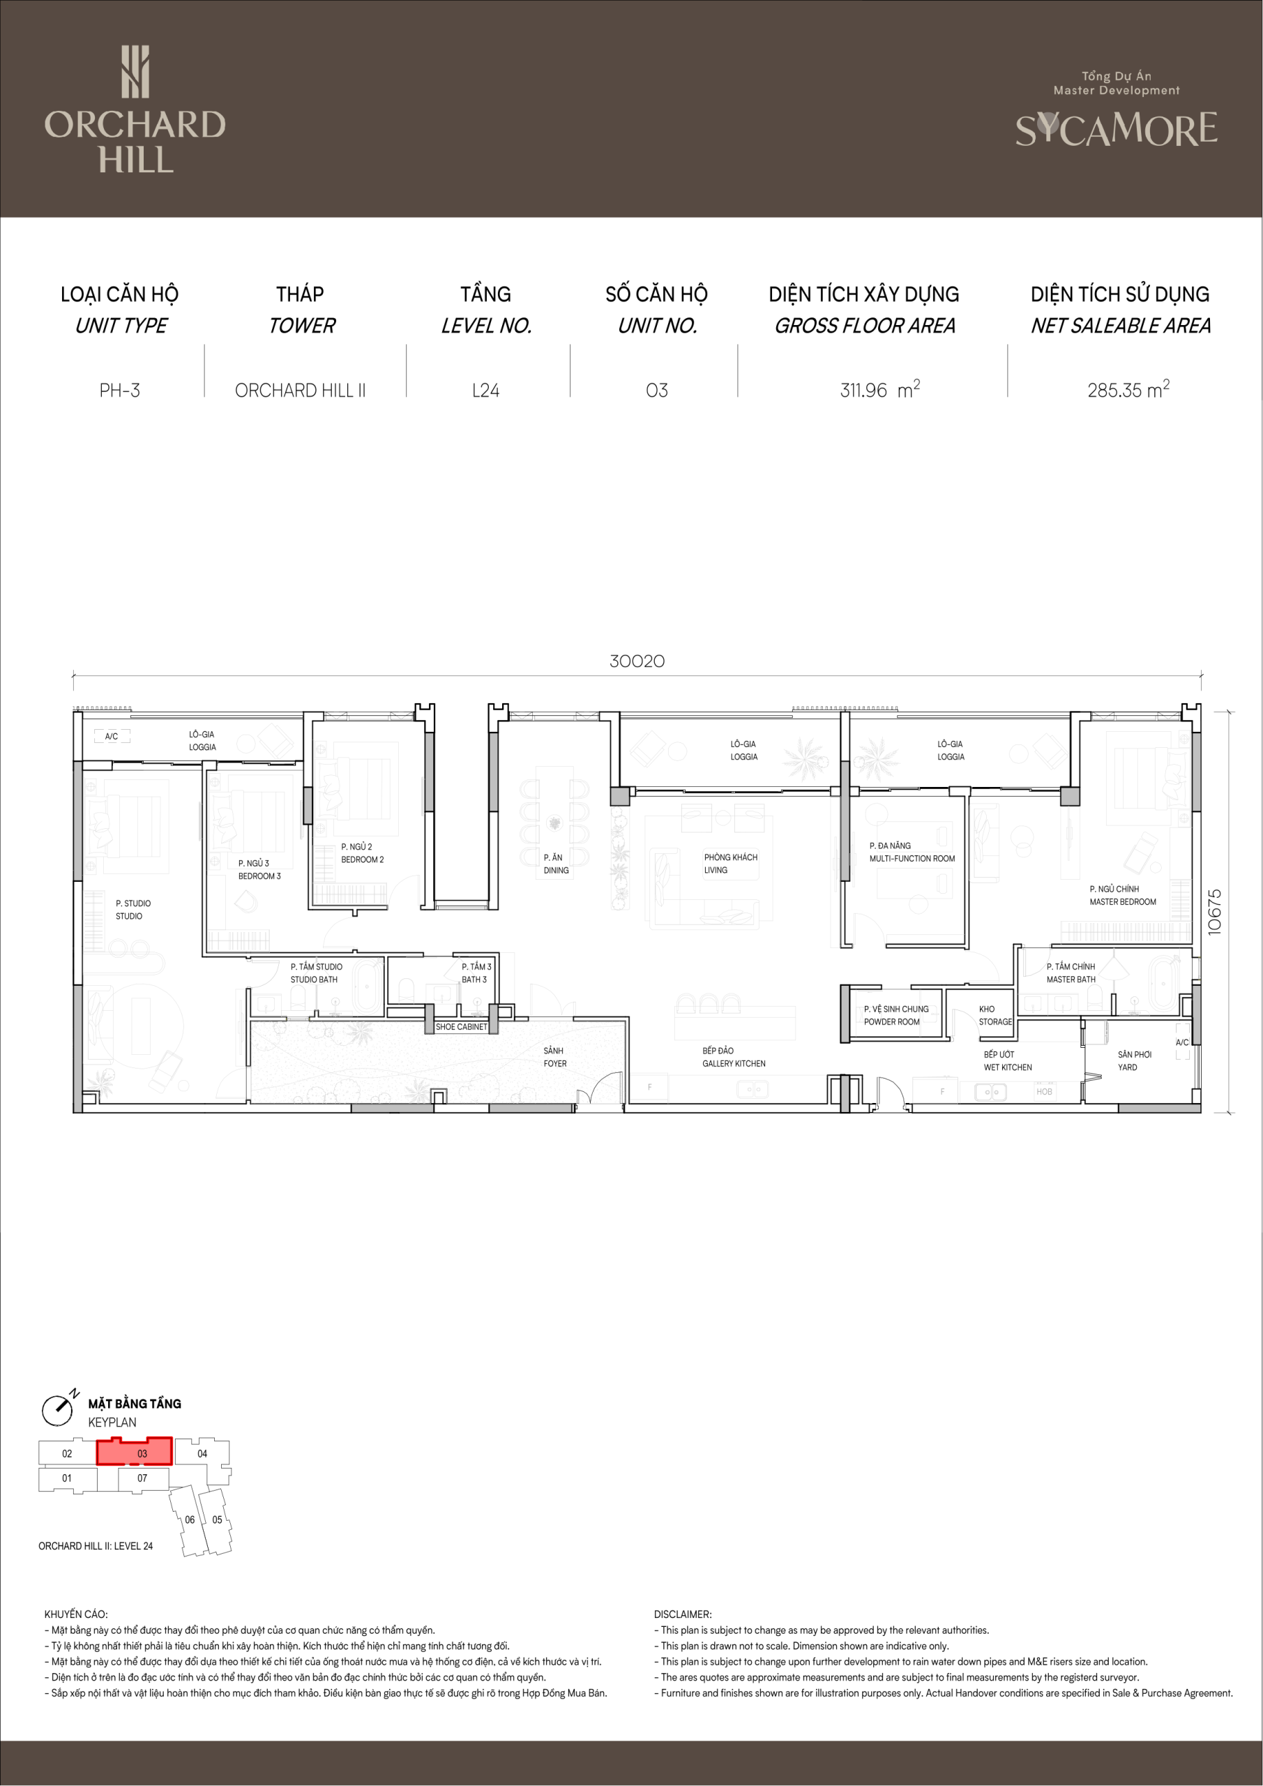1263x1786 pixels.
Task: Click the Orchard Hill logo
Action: pyautogui.click(x=135, y=109)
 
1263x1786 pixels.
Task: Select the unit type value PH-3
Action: pyautogui.click(x=120, y=391)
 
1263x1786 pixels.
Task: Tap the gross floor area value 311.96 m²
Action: pyautogui.click(x=879, y=389)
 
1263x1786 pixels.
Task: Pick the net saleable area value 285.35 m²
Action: pyautogui.click(x=1128, y=389)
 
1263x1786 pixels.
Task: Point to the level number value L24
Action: pyautogui.click(x=486, y=391)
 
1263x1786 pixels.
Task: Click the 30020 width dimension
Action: pyautogui.click(x=637, y=661)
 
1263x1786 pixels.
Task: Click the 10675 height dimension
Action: pyautogui.click(x=1215, y=912)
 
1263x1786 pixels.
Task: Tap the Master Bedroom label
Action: pyautogui.click(x=1122, y=895)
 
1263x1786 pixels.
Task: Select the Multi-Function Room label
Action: pyautogui.click(x=912, y=852)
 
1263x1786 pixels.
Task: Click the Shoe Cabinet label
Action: pyautogui.click(x=461, y=1027)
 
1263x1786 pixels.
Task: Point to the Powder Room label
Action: pyautogui.click(x=896, y=1015)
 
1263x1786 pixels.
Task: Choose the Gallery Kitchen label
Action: pyautogui.click(x=734, y=1057)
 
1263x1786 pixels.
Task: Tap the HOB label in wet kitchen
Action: pyautogui.click(x=1044, y=1091)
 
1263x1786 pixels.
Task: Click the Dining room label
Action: pyautogui.click(x=556, y=864)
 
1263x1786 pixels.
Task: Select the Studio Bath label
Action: pyautogui.click(x=316, y=973)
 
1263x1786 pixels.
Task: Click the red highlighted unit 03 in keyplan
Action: pyautogui.click(x=135, y=1452)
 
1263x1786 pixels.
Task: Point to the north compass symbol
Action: pyautogui.click(x=59, y=1409)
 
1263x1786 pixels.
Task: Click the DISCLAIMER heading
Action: pyautogui.click(x=683, y=1614)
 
